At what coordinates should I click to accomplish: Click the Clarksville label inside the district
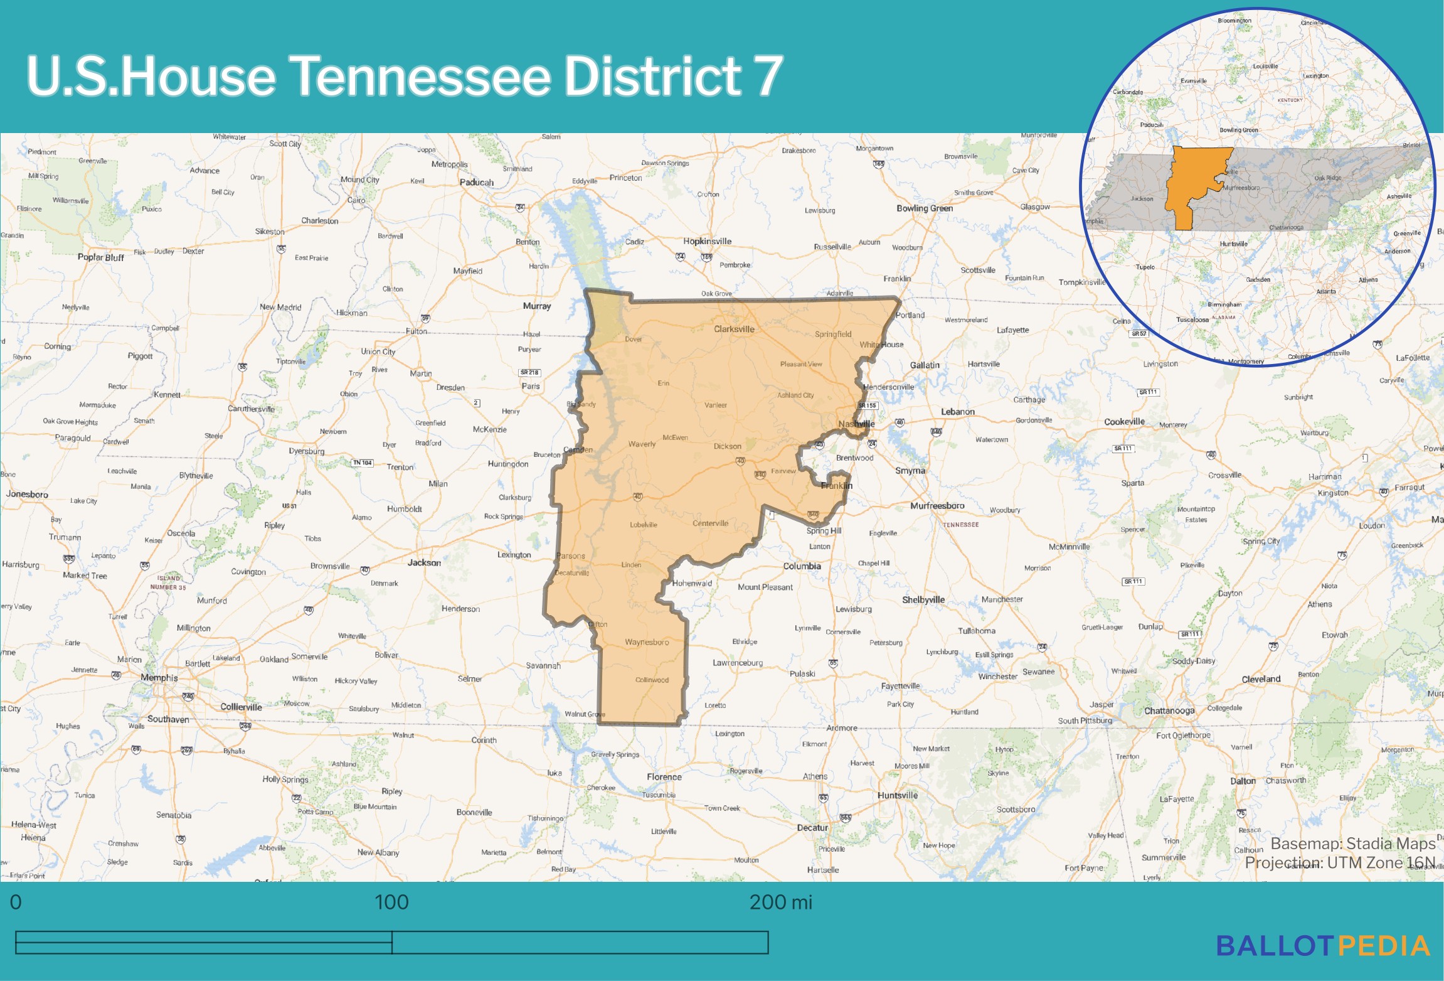[x=734, y=329]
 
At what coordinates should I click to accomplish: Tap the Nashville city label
[x=856, y=424]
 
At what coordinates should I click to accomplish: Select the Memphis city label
[x=159, y=678]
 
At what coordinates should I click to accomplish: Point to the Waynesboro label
[x=647, y=642]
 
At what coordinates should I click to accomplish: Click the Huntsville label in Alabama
[x=897, y=795]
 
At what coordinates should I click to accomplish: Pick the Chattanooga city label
[x=1169, y=710]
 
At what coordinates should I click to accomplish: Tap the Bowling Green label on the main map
[x=924, y=208]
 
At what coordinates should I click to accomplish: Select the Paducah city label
[x=477, y=183]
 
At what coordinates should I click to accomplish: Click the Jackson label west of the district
[x=424, y=562]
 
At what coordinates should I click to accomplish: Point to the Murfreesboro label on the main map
[x=937, y=506]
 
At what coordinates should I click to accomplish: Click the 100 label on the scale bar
[x=391, y=903]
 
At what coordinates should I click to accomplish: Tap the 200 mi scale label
[x=780, y=903]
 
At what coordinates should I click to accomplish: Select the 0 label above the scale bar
[x=16, y=903]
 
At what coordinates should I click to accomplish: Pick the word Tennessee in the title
[x=420, y=77]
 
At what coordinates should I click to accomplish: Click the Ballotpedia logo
[x=1323, y=946]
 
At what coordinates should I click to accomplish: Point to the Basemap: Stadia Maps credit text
[x=1352, y=844]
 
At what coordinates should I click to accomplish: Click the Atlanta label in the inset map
[x=1326, y=291]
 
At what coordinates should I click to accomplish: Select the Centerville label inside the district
[x=710, y=523]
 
